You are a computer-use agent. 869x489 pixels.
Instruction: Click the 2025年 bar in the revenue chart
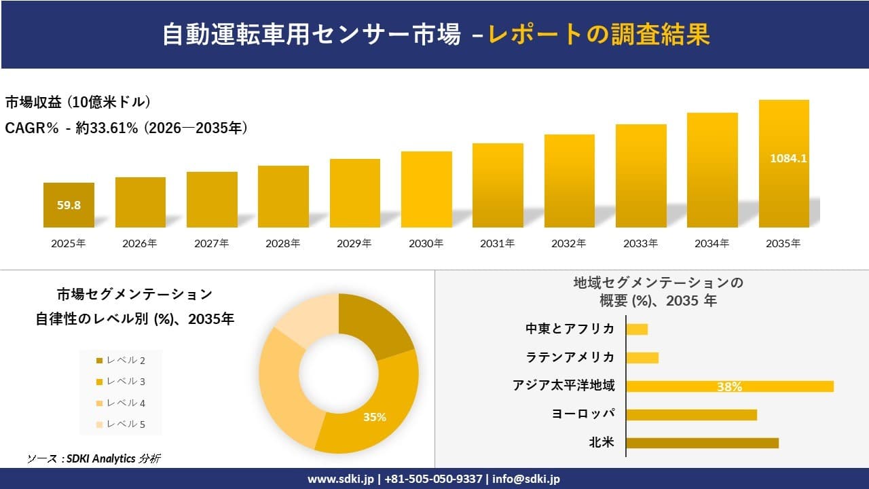pyautogui.click(x=69, y=205)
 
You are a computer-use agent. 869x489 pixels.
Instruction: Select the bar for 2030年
pyautogui.click(x=426, y=189)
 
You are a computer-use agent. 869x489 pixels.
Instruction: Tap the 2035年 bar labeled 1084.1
pyautogui.click(x=783, y=164)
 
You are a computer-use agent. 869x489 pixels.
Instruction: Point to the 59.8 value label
pyautogui.click(x=69, y=205)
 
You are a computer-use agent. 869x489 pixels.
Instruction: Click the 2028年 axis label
pyautogui.click(x=283, y=243)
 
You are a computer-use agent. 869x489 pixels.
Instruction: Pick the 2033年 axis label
pyautogui.click(x=641, y=243)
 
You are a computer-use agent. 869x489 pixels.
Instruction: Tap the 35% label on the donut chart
pyautogui.click(x=374, y=417)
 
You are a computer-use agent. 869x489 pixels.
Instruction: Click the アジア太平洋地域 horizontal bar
pyautogui.click(x=729, y=386)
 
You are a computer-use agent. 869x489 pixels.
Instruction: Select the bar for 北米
pyautogui.click(x=702, y=443)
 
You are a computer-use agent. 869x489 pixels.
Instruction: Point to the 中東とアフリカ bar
pyautogui.click(x=637, y=329)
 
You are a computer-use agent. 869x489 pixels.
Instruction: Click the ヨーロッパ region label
pyautogui.click(x=583, y=414)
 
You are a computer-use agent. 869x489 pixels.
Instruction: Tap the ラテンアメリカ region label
pyautogui.click(x=570, y=357)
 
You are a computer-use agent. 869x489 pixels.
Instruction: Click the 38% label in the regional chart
pyautogui.click(x=729, y=387)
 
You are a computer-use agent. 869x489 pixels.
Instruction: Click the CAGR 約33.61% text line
pyautogui.click(x=126, y=128)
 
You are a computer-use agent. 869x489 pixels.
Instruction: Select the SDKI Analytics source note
pyautogui.click(x=94, y=458)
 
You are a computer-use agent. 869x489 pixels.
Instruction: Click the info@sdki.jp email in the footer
pyautogui.click(x=526, y=479)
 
